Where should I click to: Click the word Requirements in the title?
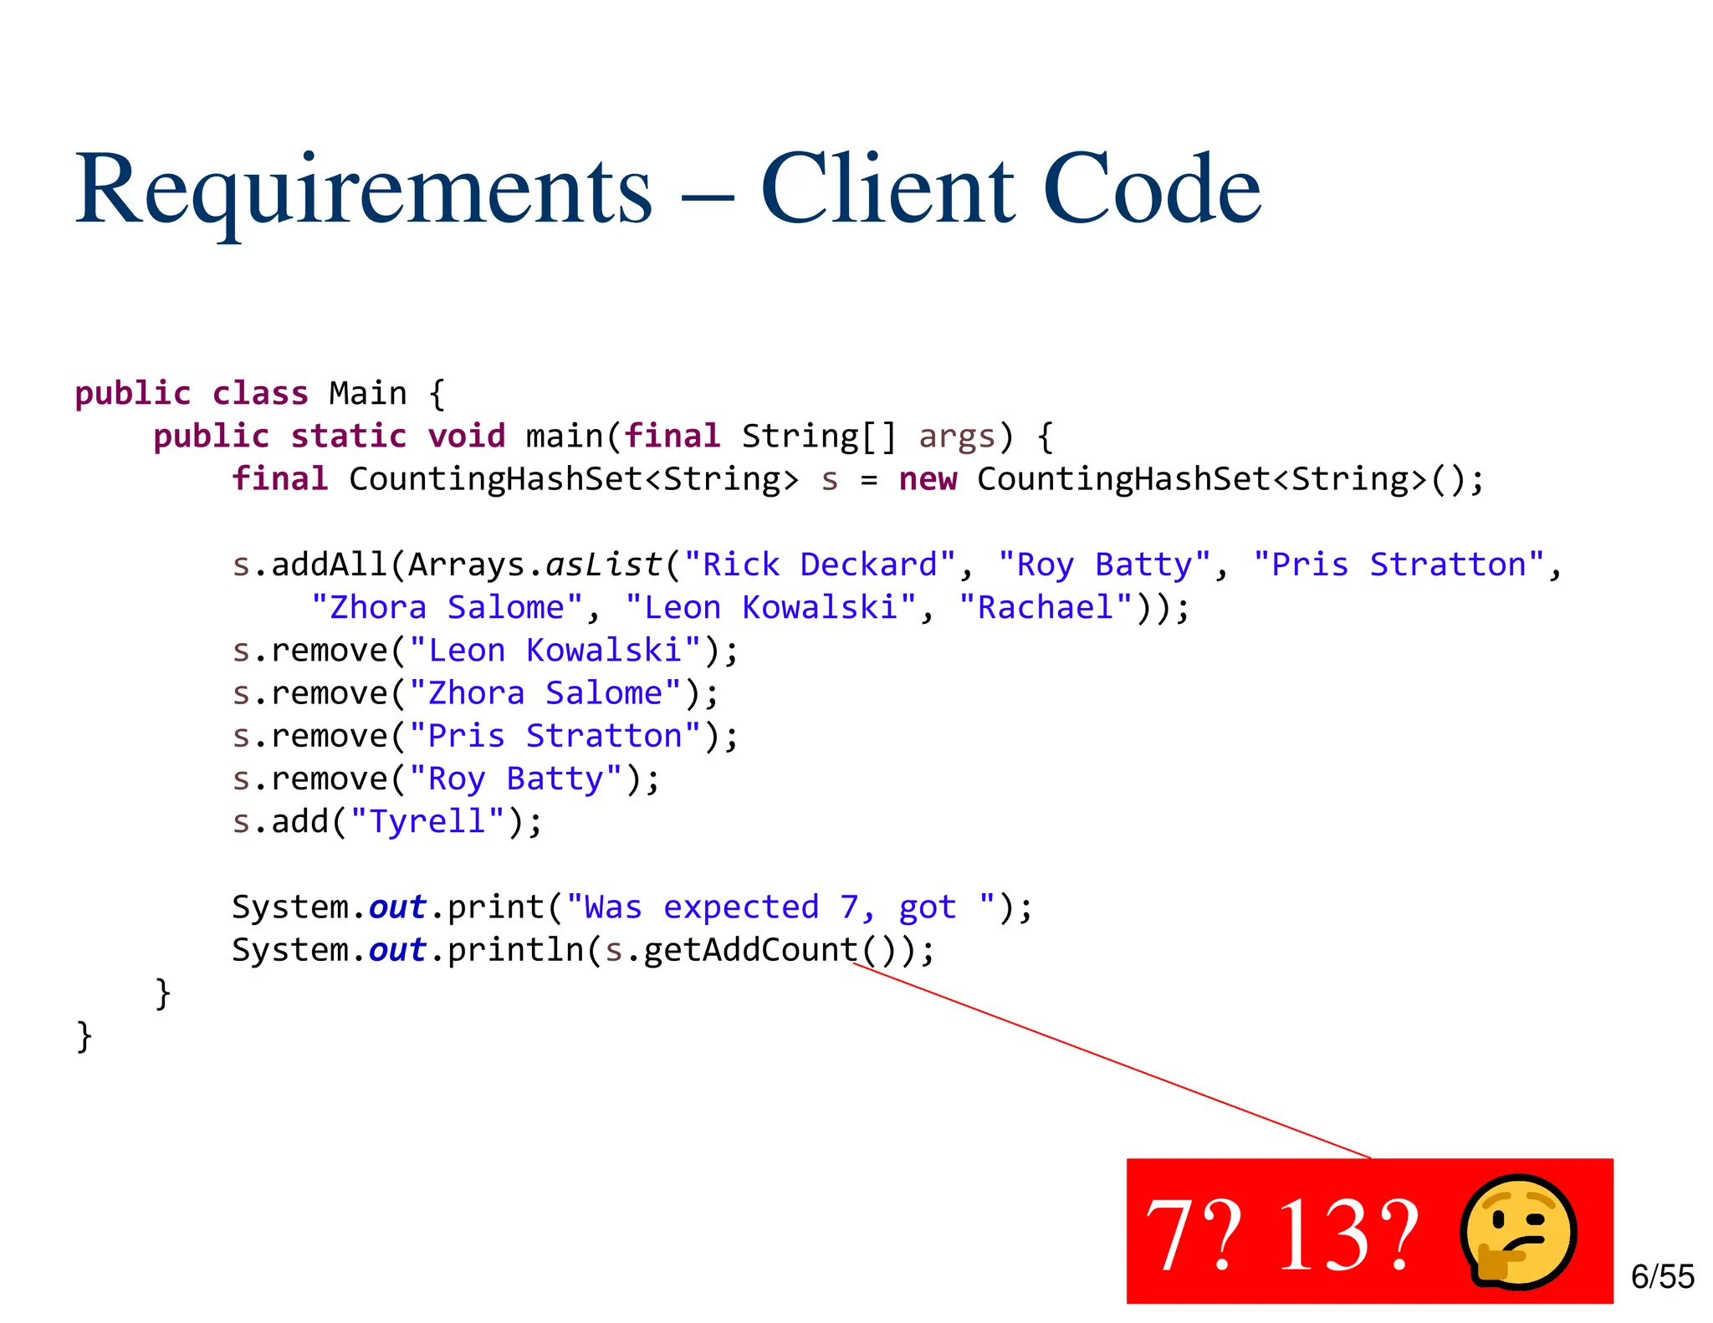364,191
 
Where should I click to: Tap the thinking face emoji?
1518,1231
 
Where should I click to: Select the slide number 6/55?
1662,1277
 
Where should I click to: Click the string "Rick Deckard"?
820,565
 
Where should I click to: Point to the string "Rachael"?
1046,608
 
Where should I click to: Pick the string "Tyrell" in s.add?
427,822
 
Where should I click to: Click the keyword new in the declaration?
928,480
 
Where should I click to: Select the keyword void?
466,437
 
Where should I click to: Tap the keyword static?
348,437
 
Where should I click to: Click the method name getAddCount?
750,950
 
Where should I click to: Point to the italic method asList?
604,565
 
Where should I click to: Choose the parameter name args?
957,437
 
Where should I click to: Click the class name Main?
367,394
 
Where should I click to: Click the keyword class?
260,394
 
